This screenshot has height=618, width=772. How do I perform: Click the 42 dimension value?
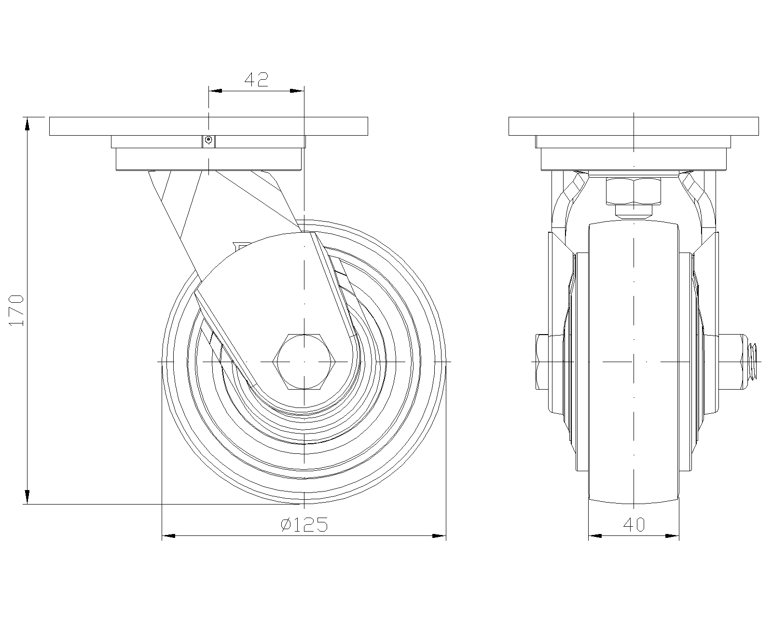pos(256,79)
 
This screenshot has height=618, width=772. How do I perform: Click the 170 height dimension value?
pos(17,310)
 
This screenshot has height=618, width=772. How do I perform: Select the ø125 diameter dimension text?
pos(304,524)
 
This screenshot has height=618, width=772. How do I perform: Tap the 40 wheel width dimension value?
pos(634,524)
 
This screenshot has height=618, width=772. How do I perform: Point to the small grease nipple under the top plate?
pos(208,140)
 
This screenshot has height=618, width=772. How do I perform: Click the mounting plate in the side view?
pos(208,126)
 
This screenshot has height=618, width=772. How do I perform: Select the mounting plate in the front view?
pos(634,126)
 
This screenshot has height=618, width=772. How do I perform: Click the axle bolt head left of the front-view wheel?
pos(540,361)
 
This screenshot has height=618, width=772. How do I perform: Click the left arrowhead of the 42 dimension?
pos(215,90)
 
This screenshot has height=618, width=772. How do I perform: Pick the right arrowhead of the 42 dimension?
pos(297,90)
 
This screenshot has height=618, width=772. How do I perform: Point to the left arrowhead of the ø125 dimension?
pos(168,535)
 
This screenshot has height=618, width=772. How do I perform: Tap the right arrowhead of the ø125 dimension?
pos(439,535)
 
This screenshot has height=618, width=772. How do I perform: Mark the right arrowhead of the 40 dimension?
pos(672,535)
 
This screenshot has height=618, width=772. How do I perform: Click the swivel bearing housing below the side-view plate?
pos(208,159)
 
